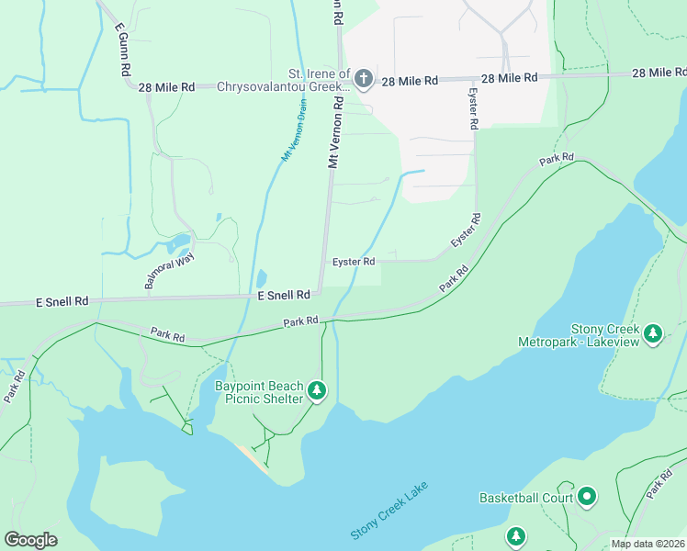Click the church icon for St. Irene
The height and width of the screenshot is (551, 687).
(x=363, y=80)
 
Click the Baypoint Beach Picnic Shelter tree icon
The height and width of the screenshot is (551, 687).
(x=317, y=392)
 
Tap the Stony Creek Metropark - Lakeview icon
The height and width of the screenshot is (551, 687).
(x=653, y=332)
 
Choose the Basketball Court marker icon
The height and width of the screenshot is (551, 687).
(x=587, y=498)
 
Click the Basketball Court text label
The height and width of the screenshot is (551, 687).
(x=525, y=498)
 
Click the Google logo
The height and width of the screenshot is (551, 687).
(x=30, y=540)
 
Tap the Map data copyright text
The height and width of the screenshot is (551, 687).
(x=648, y=544)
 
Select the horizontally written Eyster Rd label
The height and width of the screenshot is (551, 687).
(x=354, y=262)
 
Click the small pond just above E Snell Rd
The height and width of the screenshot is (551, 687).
(x=261, y=277)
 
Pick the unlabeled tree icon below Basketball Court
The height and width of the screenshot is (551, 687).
(x=516, y=536)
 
